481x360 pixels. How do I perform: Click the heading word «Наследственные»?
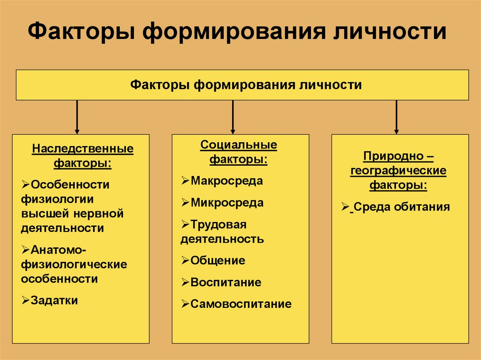(x=83, y=149)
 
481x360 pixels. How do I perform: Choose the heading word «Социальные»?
(x=239, y=145)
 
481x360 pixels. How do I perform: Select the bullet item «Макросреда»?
(x=226, y=181)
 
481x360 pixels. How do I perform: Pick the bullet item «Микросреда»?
(x=227, y=203)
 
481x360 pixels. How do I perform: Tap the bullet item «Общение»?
(x=217, y=260)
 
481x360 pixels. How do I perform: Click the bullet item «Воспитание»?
(x=225, y=283)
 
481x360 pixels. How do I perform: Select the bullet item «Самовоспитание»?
(x=240, y=304)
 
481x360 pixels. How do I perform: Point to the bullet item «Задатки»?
(x=54, y=300)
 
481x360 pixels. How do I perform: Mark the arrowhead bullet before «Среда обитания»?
(x=345, y=207)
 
